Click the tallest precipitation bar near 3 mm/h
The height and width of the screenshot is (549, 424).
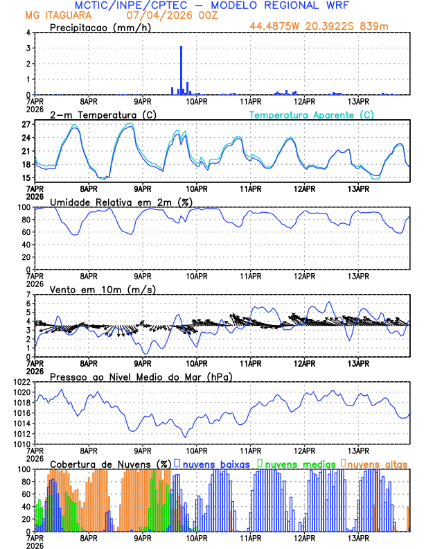(181, 70)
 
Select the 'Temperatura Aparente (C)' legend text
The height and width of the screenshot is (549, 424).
(311, 114)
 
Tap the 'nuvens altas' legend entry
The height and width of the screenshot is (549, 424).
(376, 463)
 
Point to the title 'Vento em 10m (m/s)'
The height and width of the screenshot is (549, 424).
(94, 289)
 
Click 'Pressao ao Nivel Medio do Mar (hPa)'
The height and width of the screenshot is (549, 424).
(141, 376)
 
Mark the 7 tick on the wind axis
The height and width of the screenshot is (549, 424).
(29, 295)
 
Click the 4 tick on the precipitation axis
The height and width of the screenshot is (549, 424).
(29, 33)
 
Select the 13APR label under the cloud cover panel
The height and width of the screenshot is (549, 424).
(358, 538)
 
